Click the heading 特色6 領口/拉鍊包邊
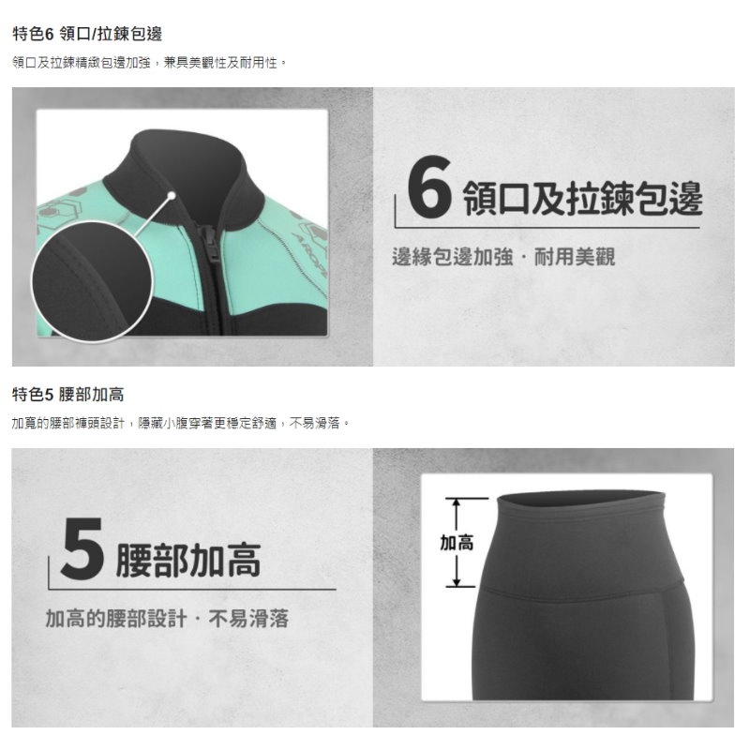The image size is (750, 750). tap(86, 34)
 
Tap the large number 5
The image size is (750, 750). tap(81, 549)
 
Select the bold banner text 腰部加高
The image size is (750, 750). tap(187, 560)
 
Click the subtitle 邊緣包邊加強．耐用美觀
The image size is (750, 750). tap(503, 257)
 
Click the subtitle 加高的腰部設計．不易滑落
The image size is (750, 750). tap(167, 619)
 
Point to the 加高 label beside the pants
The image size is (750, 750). tap(457, 543)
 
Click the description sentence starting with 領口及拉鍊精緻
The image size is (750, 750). tap(150, 62)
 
